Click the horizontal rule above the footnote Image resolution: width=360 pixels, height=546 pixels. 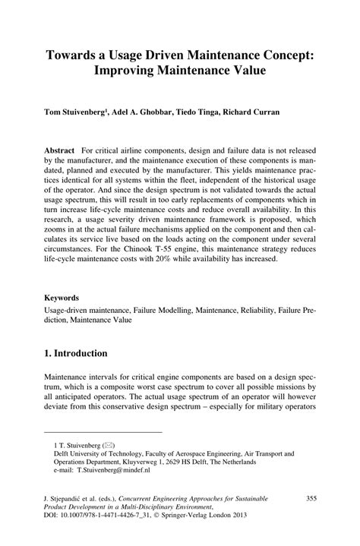pyautogui.click(x=89, y=430)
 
